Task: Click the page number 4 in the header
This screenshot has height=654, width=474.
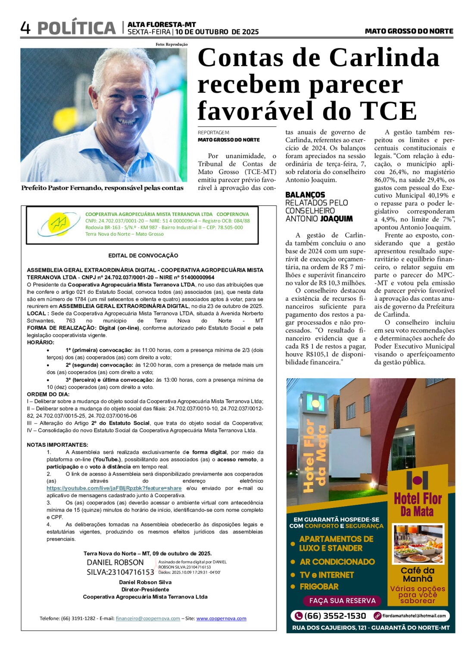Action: click(25, 28)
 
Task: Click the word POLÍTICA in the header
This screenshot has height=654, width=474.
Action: click(77, 28)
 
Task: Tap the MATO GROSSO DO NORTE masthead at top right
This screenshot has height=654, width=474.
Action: click(409, 31)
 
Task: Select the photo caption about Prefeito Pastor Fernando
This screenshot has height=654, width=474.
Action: click(102, 188)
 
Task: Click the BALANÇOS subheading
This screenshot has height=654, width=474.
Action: click(305, 195)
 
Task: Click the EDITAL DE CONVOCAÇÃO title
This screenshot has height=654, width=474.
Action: click(143, 255)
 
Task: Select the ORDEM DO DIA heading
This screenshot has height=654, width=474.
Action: click(48, 394)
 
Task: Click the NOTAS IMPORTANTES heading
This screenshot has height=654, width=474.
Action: click(57, 445)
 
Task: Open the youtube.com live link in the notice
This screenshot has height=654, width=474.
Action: click(114, 488)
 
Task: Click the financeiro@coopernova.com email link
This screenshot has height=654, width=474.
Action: click(148, 618)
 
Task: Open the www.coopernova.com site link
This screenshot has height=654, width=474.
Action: click(221, 618)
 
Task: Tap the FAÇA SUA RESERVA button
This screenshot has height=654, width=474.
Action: click(342, 601)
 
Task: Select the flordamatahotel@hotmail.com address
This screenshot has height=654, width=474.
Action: click(414, 616)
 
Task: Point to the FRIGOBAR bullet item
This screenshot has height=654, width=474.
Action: click(319, 586)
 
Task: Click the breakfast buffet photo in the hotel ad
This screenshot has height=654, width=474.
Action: click(418, 544)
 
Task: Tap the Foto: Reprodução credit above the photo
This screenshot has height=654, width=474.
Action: click(172, 44)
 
